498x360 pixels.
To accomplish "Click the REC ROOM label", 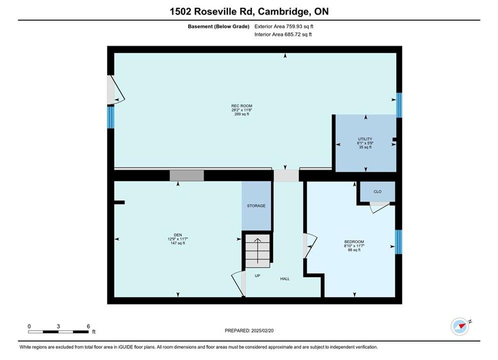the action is (x=242, y=106).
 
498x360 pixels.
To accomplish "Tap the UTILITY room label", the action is (x=365, y=139).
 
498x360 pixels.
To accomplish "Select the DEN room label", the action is (x=178, y=235).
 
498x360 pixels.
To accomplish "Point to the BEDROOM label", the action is (x=354, y=241).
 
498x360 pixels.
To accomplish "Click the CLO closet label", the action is (x=377, y=191).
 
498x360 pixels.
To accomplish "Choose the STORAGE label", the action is (x=256, y=206).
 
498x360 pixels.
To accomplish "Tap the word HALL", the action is (x=285, y=279).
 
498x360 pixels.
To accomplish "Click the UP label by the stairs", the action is (x=257, y=275).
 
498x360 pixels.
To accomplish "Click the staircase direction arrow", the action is (x=257, y=250).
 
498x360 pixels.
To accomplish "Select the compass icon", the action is (x=460, y=326).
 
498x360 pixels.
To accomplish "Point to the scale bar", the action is (x=58, y=332).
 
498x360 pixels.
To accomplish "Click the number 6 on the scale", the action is (x=88, y=326).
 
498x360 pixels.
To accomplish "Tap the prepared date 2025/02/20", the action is (x=262, y=330).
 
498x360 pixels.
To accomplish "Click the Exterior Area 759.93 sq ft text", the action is (x=284, y=26).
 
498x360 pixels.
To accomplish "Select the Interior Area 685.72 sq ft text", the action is (x=283, y=34).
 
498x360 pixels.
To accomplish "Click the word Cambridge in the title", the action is (x=284, y=11).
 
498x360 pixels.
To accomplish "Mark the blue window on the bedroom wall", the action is (x=398, y=242).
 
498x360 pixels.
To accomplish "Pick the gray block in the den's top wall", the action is (x=187, y=175).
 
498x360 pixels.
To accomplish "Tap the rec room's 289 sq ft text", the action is (x=242, y=114).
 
